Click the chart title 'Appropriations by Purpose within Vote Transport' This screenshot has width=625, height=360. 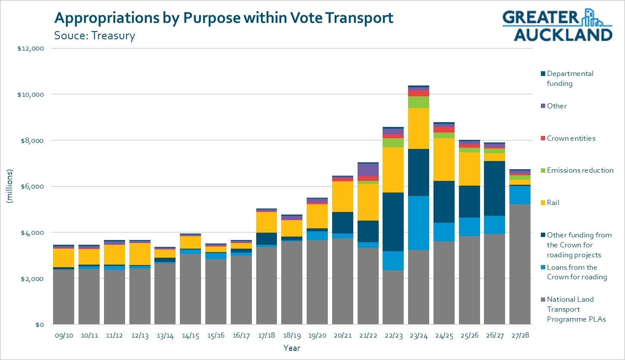(x=223, y=18)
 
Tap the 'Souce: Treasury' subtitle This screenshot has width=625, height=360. (x=94, y=35)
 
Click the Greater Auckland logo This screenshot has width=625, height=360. (x=557, y=25)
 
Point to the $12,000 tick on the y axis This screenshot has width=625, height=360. (x=31, y=48)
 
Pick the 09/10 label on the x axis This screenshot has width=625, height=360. (x=63, y=335)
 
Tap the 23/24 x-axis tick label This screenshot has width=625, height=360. (x=418, y=335)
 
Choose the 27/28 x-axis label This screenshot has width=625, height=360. (x=520, y=335)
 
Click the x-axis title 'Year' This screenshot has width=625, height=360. (x=292, y=348)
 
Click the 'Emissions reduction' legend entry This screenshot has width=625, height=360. (x=579, y=171)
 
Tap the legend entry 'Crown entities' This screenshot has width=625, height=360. (x=570, y=139)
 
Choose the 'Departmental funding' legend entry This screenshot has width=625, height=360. (x=569, y=79)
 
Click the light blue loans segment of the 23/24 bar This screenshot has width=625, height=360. (x=418, y=223)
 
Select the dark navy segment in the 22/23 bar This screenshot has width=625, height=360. (x=393, y=222)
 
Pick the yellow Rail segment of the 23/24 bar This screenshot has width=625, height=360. (x=418, y=128)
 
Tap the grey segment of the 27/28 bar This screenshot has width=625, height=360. (x=520, y=264)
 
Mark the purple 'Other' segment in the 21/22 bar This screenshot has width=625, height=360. (x=368, y=170)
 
